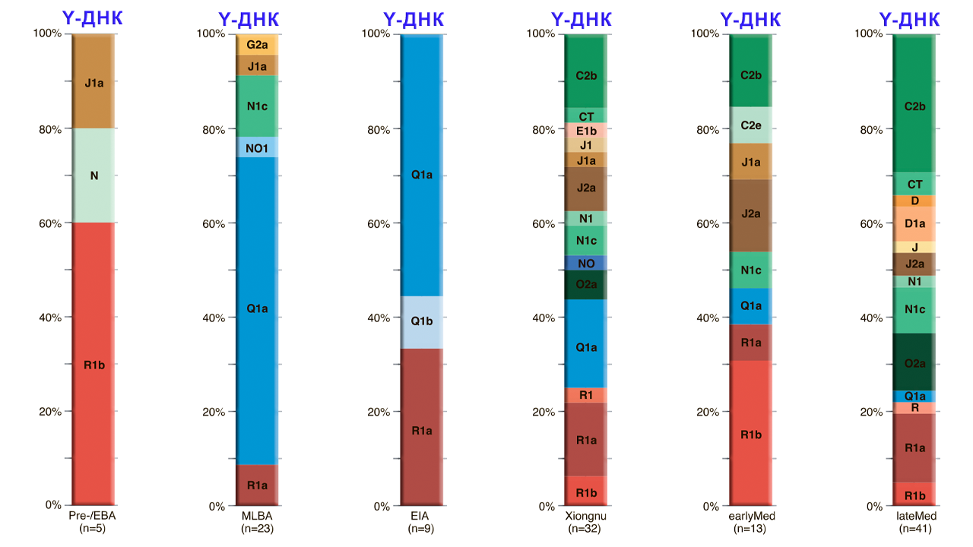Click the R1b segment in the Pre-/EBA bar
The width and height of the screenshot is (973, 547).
(93, 365)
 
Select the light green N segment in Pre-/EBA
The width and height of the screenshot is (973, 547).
(93, 175)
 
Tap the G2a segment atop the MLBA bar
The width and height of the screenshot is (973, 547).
(257, 45)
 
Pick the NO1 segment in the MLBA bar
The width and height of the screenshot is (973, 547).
(257, 147)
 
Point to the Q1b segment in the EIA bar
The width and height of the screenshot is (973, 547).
(421, 321)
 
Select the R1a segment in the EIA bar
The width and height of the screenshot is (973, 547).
(421, 431)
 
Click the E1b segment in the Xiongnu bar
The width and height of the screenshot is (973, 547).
(586, 130)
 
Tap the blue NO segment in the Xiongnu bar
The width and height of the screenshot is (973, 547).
(586, 263)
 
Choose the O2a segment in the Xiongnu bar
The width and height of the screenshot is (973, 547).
(586, 285)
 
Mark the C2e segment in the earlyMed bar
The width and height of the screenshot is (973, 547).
(750, 125)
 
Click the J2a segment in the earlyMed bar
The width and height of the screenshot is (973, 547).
(750, 214)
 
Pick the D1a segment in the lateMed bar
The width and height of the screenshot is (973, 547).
(914, 224)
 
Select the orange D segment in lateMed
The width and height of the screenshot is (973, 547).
(914, 201)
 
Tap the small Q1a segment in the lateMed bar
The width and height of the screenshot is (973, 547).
(914, 396)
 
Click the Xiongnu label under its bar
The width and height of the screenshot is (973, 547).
(586, 517)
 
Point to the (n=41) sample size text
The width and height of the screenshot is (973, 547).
(914, 528)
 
